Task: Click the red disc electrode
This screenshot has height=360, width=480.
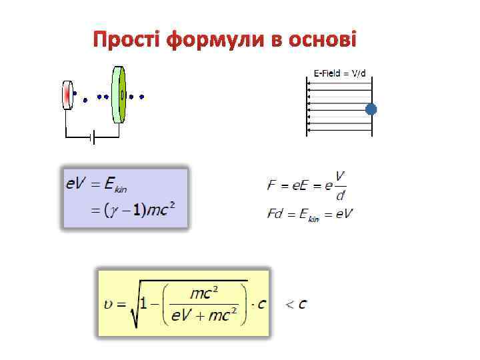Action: click(x=67, y=94)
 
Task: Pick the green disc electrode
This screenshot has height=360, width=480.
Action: click(x=119, y=94)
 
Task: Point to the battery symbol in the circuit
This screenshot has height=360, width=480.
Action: click(x=93, y=137)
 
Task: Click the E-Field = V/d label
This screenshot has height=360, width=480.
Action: click(x=339, y=73)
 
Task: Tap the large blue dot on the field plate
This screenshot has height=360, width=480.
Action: click(x=371, y=109)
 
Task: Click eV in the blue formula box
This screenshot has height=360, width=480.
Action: click(x=75, y=183)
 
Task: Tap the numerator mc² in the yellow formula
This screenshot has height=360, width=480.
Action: click(x=206, y=291)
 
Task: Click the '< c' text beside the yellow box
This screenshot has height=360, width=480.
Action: click(x=296, y=304)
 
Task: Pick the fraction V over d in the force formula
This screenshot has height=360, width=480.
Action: click(x=340, y=185)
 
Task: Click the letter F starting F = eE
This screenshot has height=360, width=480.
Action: click(x=271, y=186)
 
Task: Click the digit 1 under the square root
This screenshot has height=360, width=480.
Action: click(x=152, y=304)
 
